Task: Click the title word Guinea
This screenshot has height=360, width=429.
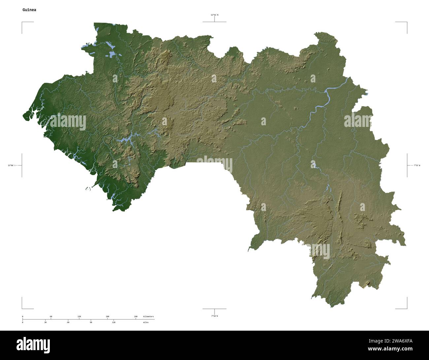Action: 29,10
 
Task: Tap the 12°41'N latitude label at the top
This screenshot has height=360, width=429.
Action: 214,15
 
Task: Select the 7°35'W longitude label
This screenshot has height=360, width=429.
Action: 417,165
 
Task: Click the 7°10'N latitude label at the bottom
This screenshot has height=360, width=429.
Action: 214,316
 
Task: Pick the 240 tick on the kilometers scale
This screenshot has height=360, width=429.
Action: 136,316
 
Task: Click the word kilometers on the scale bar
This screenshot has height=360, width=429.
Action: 148,316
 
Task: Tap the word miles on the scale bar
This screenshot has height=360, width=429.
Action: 146,322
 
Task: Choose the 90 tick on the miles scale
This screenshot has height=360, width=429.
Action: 91,322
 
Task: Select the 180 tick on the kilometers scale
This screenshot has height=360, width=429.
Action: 107,316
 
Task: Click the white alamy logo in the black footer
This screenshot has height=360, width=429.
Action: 33,345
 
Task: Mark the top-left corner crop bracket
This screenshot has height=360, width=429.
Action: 22,22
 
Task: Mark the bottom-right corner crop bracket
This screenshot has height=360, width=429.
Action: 407,309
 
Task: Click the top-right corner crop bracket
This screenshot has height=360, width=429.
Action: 407,22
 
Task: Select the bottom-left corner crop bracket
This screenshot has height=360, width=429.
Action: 22,309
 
